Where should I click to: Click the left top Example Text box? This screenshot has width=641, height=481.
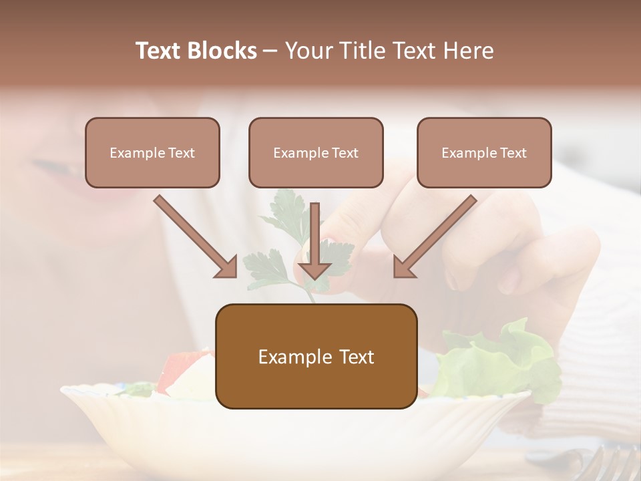[x=152, y=152]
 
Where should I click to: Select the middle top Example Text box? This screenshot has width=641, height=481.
[x=316, y=152]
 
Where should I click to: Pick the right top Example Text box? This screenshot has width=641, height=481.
[x=484, y=152]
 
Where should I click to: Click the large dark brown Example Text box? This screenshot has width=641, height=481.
[x=316, y=356]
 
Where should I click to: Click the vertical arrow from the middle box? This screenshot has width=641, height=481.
[x=314, y=240]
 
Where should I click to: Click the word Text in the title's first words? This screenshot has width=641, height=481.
[x=160, y=51]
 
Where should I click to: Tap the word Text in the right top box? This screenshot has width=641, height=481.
[x=513, y=152]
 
